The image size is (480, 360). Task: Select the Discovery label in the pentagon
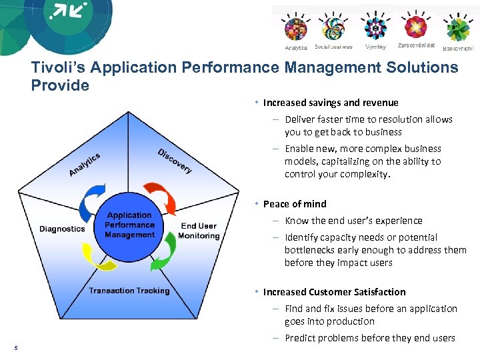pos(175,161)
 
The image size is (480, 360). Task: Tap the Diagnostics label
pos(62,229)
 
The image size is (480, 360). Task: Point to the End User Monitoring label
pos(198,231)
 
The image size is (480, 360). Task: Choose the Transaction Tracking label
pos(129,291)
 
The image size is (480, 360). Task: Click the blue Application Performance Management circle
pos(130,225)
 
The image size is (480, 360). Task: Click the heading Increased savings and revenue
pos(331,103)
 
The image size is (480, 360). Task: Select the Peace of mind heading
pos(295,204)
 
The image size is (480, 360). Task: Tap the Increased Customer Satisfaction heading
pos(334,292)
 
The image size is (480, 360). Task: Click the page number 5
pos(15,346)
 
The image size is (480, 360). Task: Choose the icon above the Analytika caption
pos(295,29)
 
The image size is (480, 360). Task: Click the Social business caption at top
pos(333,47)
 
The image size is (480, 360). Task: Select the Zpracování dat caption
pos(416,46)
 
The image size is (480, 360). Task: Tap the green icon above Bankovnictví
pos(457,29)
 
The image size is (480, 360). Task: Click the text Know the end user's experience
pos(353,221)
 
